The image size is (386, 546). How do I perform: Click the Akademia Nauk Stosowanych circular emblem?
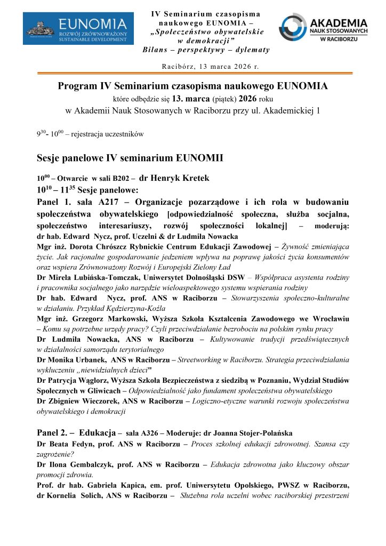coord(292,27)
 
